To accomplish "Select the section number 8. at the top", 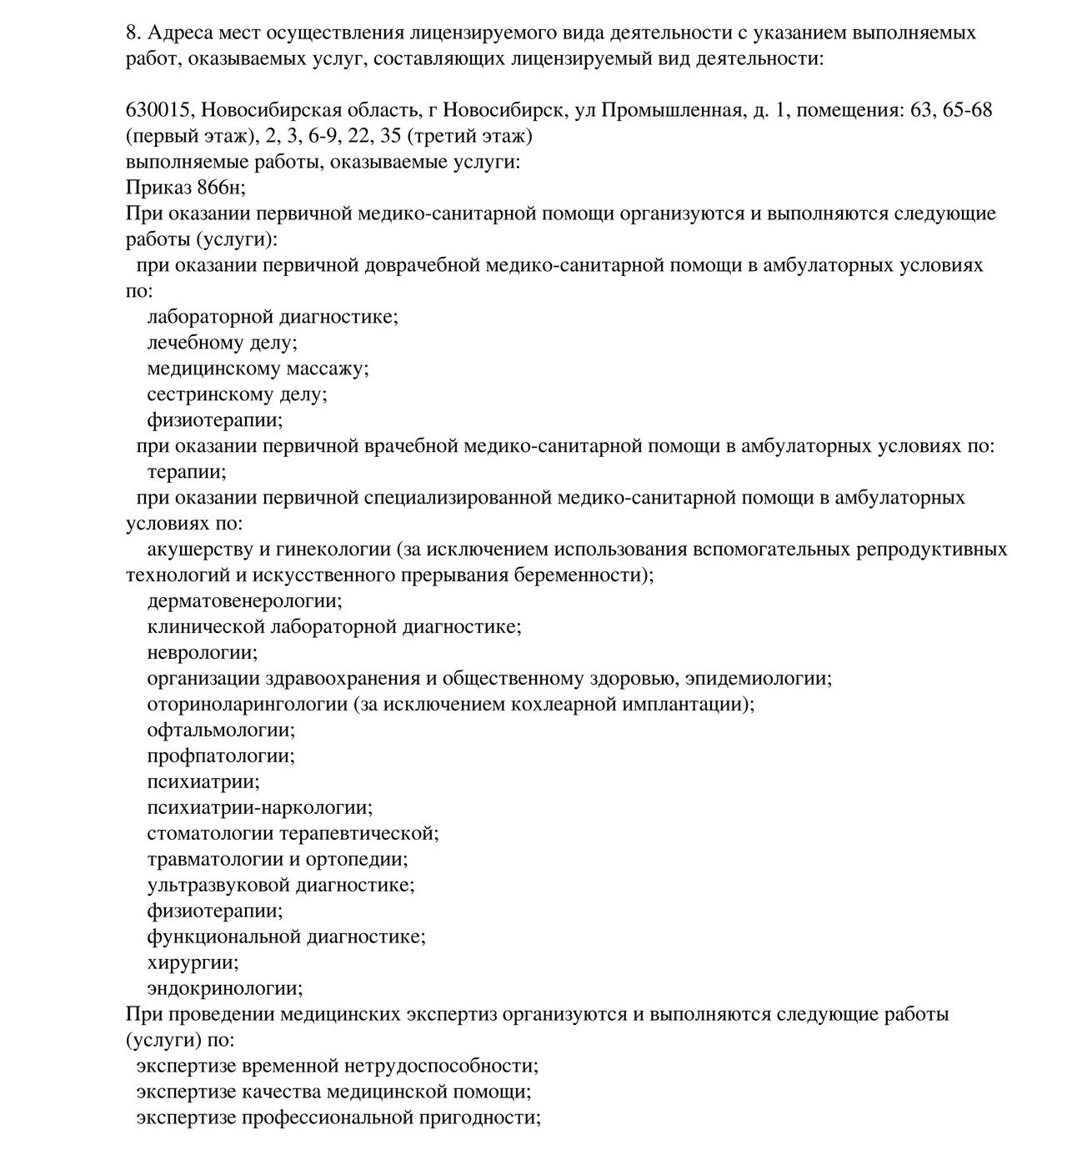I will [133, 33].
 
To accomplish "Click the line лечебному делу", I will [222, 343].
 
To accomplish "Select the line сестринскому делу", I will [237, 394].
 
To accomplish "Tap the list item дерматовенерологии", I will [244, 601].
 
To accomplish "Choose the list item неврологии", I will [202, 653].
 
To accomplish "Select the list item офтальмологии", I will [221, 731].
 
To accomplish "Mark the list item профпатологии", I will [221, 756].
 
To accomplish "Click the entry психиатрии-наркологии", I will [259, 808].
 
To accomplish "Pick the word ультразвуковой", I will [223, 886].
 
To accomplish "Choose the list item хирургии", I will [193, 963].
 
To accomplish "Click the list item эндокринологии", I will [224, 989].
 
